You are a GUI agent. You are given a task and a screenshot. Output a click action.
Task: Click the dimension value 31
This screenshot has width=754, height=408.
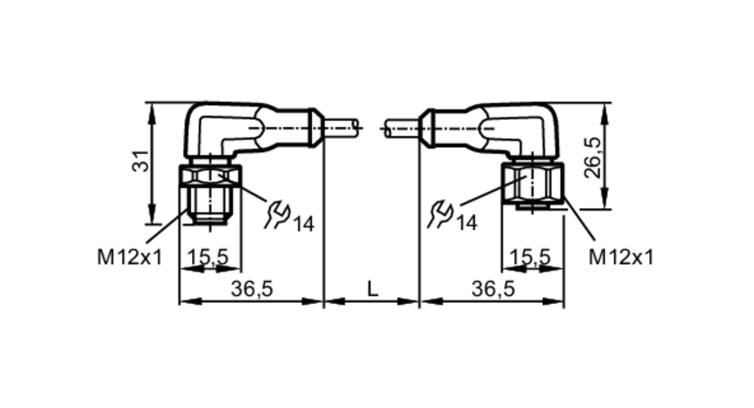[x=140, y=161]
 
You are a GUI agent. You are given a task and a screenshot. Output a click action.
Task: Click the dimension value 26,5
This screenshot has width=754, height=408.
[x=592, y=157]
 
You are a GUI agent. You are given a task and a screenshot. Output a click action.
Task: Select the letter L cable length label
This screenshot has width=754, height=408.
[x=372, y=289]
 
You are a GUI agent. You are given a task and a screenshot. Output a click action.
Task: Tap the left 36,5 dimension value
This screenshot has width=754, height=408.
[x=251, y=289]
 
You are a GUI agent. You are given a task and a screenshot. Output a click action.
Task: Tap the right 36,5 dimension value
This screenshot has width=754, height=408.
[x=493, y=289]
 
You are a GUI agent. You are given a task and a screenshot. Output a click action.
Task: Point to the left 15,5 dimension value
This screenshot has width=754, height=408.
[x=208, y=257]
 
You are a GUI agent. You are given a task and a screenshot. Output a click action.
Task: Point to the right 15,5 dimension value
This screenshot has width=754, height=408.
[x=530, y=257]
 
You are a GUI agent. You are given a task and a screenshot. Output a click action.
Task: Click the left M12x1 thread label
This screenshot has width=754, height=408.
[x=130, y=258]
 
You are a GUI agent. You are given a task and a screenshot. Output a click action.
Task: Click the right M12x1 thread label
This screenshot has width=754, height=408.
[x=621, y=258]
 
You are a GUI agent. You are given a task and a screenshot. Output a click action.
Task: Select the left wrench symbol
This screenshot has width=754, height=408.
[x=277, y=215]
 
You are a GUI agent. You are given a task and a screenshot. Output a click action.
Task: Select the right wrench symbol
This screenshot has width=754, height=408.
[x=440, y=215]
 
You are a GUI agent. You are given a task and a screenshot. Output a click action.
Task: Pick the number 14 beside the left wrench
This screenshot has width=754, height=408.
[x=303, y=225]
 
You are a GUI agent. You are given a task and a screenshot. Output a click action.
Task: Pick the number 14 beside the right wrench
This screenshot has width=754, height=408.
[x=467, y=223]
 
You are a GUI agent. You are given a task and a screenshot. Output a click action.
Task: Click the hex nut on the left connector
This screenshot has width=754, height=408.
[x=210, y=176]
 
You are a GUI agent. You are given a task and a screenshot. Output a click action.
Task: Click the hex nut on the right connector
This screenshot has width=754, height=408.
[x=532, y=183]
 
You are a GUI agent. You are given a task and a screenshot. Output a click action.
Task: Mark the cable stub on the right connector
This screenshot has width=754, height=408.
[x=402, y=128]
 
